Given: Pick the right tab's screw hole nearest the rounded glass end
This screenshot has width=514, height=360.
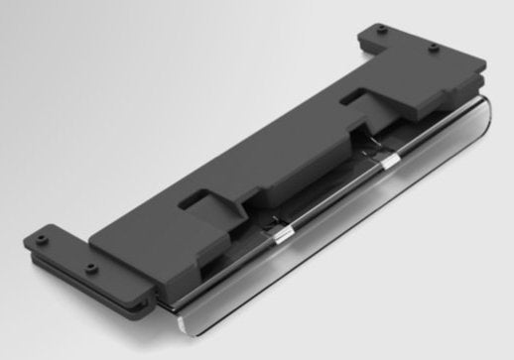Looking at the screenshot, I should (x=434, y=48).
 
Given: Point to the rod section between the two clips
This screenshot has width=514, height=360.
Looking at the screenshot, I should (x=337, y=196).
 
